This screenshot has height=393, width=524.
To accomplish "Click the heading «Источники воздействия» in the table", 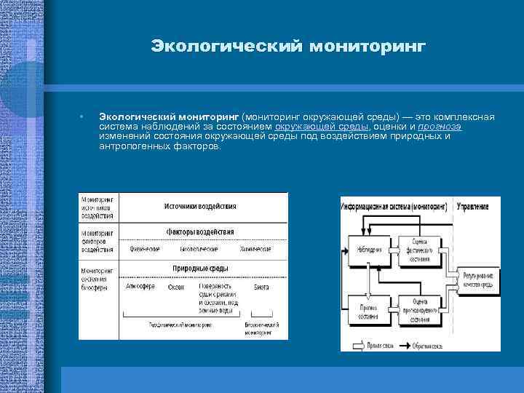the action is [x=199, y=205].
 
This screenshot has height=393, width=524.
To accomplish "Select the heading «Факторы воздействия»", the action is [x=200, y=231].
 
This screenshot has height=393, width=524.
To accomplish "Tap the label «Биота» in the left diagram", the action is [x=261, y=287].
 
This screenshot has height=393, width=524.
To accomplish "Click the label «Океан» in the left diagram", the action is [x=175, y=287].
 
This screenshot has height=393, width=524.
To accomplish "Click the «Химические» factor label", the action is [x=255, y=249].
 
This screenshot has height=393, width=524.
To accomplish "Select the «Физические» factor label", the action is [x=145, y=249].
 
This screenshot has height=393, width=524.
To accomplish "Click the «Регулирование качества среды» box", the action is [x=477, y=281].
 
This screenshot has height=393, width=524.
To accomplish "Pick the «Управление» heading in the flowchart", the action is [x=473, y=207].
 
